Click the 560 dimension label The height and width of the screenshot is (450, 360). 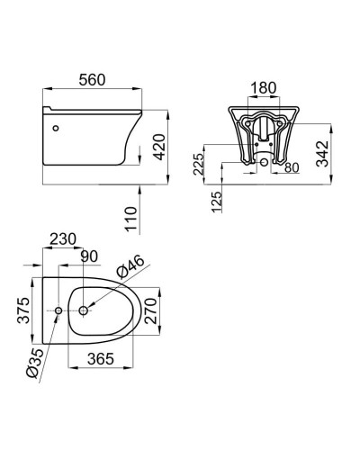coord(92,80)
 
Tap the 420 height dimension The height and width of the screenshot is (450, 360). coord(159,147)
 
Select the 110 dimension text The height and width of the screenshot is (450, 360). coord(131,219)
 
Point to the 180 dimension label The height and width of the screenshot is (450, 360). coord(263,88)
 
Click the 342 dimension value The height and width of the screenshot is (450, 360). coord(323,153)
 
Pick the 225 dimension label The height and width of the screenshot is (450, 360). coord(198,165)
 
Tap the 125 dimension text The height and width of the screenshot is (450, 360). coord(217,202)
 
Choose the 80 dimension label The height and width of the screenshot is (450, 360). coord(292,167)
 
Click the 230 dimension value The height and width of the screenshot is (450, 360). coord(63,239)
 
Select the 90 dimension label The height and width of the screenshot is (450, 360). coord(89,256)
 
